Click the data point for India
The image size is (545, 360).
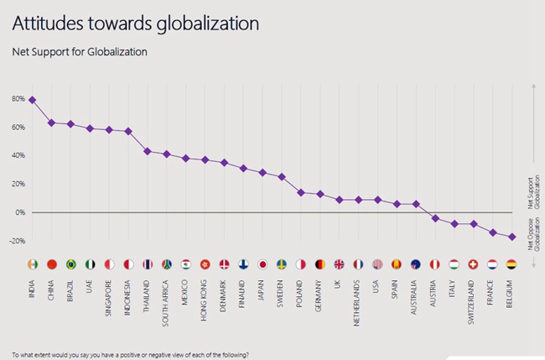[32, 100]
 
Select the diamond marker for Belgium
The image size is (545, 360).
[511, 237]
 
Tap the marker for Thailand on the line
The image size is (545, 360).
[148, 151]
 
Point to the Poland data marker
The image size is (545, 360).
[301, 192]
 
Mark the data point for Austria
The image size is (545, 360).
[435, 218]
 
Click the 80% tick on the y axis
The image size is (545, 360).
[18, 99]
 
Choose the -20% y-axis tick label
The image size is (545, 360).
[16, 241]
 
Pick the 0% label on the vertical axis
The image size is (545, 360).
[18, 212]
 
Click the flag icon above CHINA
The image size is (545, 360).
[52, 264]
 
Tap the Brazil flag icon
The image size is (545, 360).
[71, 264]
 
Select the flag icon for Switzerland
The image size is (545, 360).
[473, 264]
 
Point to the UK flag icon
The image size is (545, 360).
[339, 264]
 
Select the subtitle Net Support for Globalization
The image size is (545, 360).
[79, 52]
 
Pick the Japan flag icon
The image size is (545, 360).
[262, 264]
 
